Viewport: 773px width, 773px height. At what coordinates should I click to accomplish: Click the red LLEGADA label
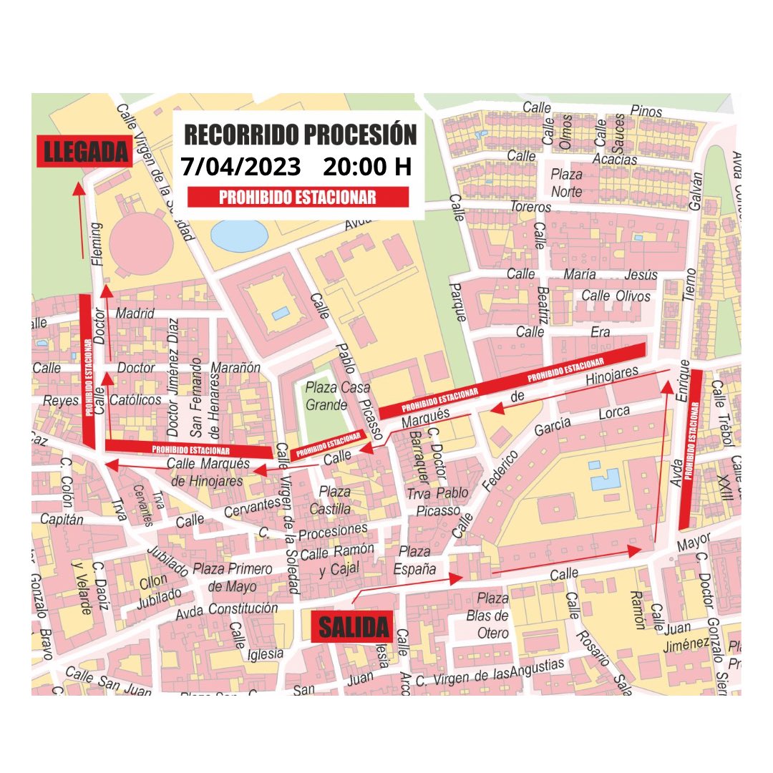[x=84, y=151]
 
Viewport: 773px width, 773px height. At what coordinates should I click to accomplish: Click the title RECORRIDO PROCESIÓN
[x=301, y=135]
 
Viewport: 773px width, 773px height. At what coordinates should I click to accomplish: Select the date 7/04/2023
[x=240, y=167]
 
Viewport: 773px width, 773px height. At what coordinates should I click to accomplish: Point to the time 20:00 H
[x=367, y=167]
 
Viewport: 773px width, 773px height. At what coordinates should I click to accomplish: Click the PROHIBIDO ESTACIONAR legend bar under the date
[x=297, y=198]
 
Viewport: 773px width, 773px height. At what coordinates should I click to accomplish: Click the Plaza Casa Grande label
[x=327, y=395]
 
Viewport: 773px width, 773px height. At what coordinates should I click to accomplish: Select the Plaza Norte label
[x=566, y=183]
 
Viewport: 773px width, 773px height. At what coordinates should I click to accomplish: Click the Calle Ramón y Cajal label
[x=337, y=560]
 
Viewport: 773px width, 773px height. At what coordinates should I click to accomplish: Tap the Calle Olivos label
[x=616, y=296]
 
